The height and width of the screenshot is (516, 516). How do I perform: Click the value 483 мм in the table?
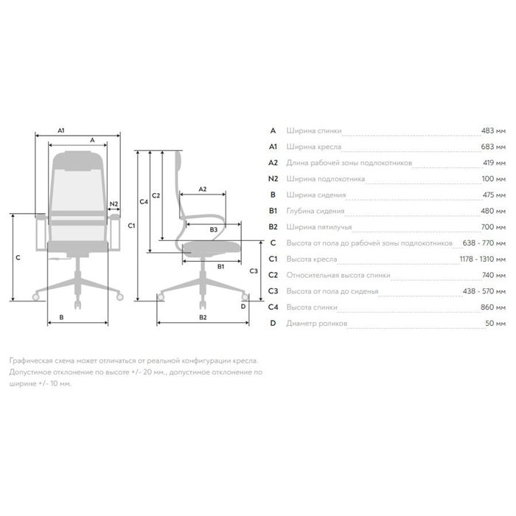coord(493,130)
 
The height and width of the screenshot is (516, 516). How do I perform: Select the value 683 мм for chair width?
coord(493,147)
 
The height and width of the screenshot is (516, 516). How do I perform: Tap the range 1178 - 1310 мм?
coord(482,259)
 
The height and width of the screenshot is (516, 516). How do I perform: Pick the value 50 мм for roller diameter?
coord(495,323)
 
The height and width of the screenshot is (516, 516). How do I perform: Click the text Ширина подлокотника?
coord(326,179)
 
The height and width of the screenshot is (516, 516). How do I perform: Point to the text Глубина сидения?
coord(315,211)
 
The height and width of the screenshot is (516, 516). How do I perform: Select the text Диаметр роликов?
coord(316,324)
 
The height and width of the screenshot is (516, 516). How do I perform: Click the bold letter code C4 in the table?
coord(273,307)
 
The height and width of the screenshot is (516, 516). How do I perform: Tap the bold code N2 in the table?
coord(273,179)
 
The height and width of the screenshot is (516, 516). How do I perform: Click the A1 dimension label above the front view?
coord(61,130)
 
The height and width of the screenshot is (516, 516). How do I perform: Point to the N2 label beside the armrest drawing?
coord(114,204)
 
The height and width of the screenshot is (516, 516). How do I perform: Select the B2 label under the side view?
coord(203,317)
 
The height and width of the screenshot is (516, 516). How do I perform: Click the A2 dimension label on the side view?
coord(203,189)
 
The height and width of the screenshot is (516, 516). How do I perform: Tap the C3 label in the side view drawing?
coord(254,271)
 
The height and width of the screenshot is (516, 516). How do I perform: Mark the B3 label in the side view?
coord(214,230)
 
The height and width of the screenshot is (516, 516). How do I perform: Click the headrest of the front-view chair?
coord(77,160)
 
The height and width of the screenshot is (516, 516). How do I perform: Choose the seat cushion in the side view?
coord(212,248)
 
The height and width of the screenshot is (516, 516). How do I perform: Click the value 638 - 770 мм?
coord(484,243)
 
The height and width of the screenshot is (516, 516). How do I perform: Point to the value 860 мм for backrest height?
coord(493,307)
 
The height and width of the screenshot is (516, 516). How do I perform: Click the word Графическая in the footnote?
coord(31,361)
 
